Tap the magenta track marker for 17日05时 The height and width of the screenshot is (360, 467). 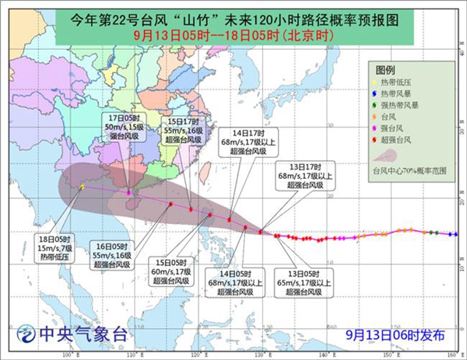[x=129, y=192]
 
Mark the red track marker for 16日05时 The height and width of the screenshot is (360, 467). [x=170, y=204]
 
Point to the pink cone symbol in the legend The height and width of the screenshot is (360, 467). [x=397, y=156]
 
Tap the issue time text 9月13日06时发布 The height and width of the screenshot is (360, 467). [x=395, y=335]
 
